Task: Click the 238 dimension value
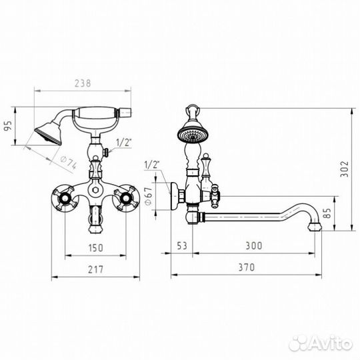[x=83, y=83]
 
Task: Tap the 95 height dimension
[x=8, y=126]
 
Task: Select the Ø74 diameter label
[x=68, y=162]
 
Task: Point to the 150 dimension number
[x=95, y=248]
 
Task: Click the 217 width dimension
[x=95, y=269]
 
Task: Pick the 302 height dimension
[x=344, y=169]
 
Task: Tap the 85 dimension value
[x=327, y=213]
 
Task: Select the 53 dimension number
[x=182, y=245]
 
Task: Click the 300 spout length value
[x=254, y=245]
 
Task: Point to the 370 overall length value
[x=247, y=267]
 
